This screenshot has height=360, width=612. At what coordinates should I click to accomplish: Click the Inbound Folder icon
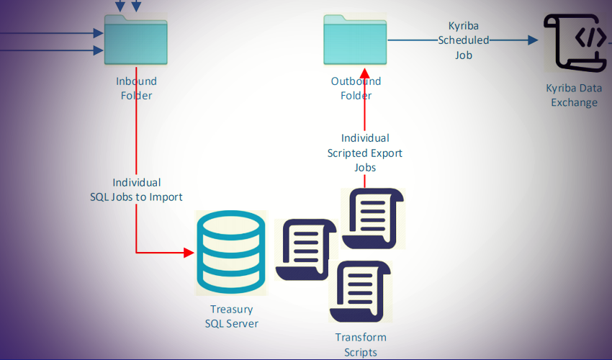pos(136,42)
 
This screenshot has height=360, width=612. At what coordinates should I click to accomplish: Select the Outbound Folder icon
pos(355,42)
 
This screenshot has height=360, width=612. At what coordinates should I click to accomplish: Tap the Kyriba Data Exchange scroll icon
pos(573,45)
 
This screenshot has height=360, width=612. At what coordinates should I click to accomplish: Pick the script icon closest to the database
pos(307,249)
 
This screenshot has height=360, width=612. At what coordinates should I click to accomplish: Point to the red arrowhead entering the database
pos(189,253)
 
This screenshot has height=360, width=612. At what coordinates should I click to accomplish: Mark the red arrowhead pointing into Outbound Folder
pos(366,74)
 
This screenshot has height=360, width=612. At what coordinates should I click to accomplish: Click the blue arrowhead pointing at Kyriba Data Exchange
pos(533,40)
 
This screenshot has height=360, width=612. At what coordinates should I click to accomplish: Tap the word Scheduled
pos(464,40)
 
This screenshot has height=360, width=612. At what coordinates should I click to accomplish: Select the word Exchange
pos(574,102)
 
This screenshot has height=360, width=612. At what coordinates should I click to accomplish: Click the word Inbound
pos(136,81)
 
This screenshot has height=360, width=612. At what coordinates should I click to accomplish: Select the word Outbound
pos(356,81)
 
